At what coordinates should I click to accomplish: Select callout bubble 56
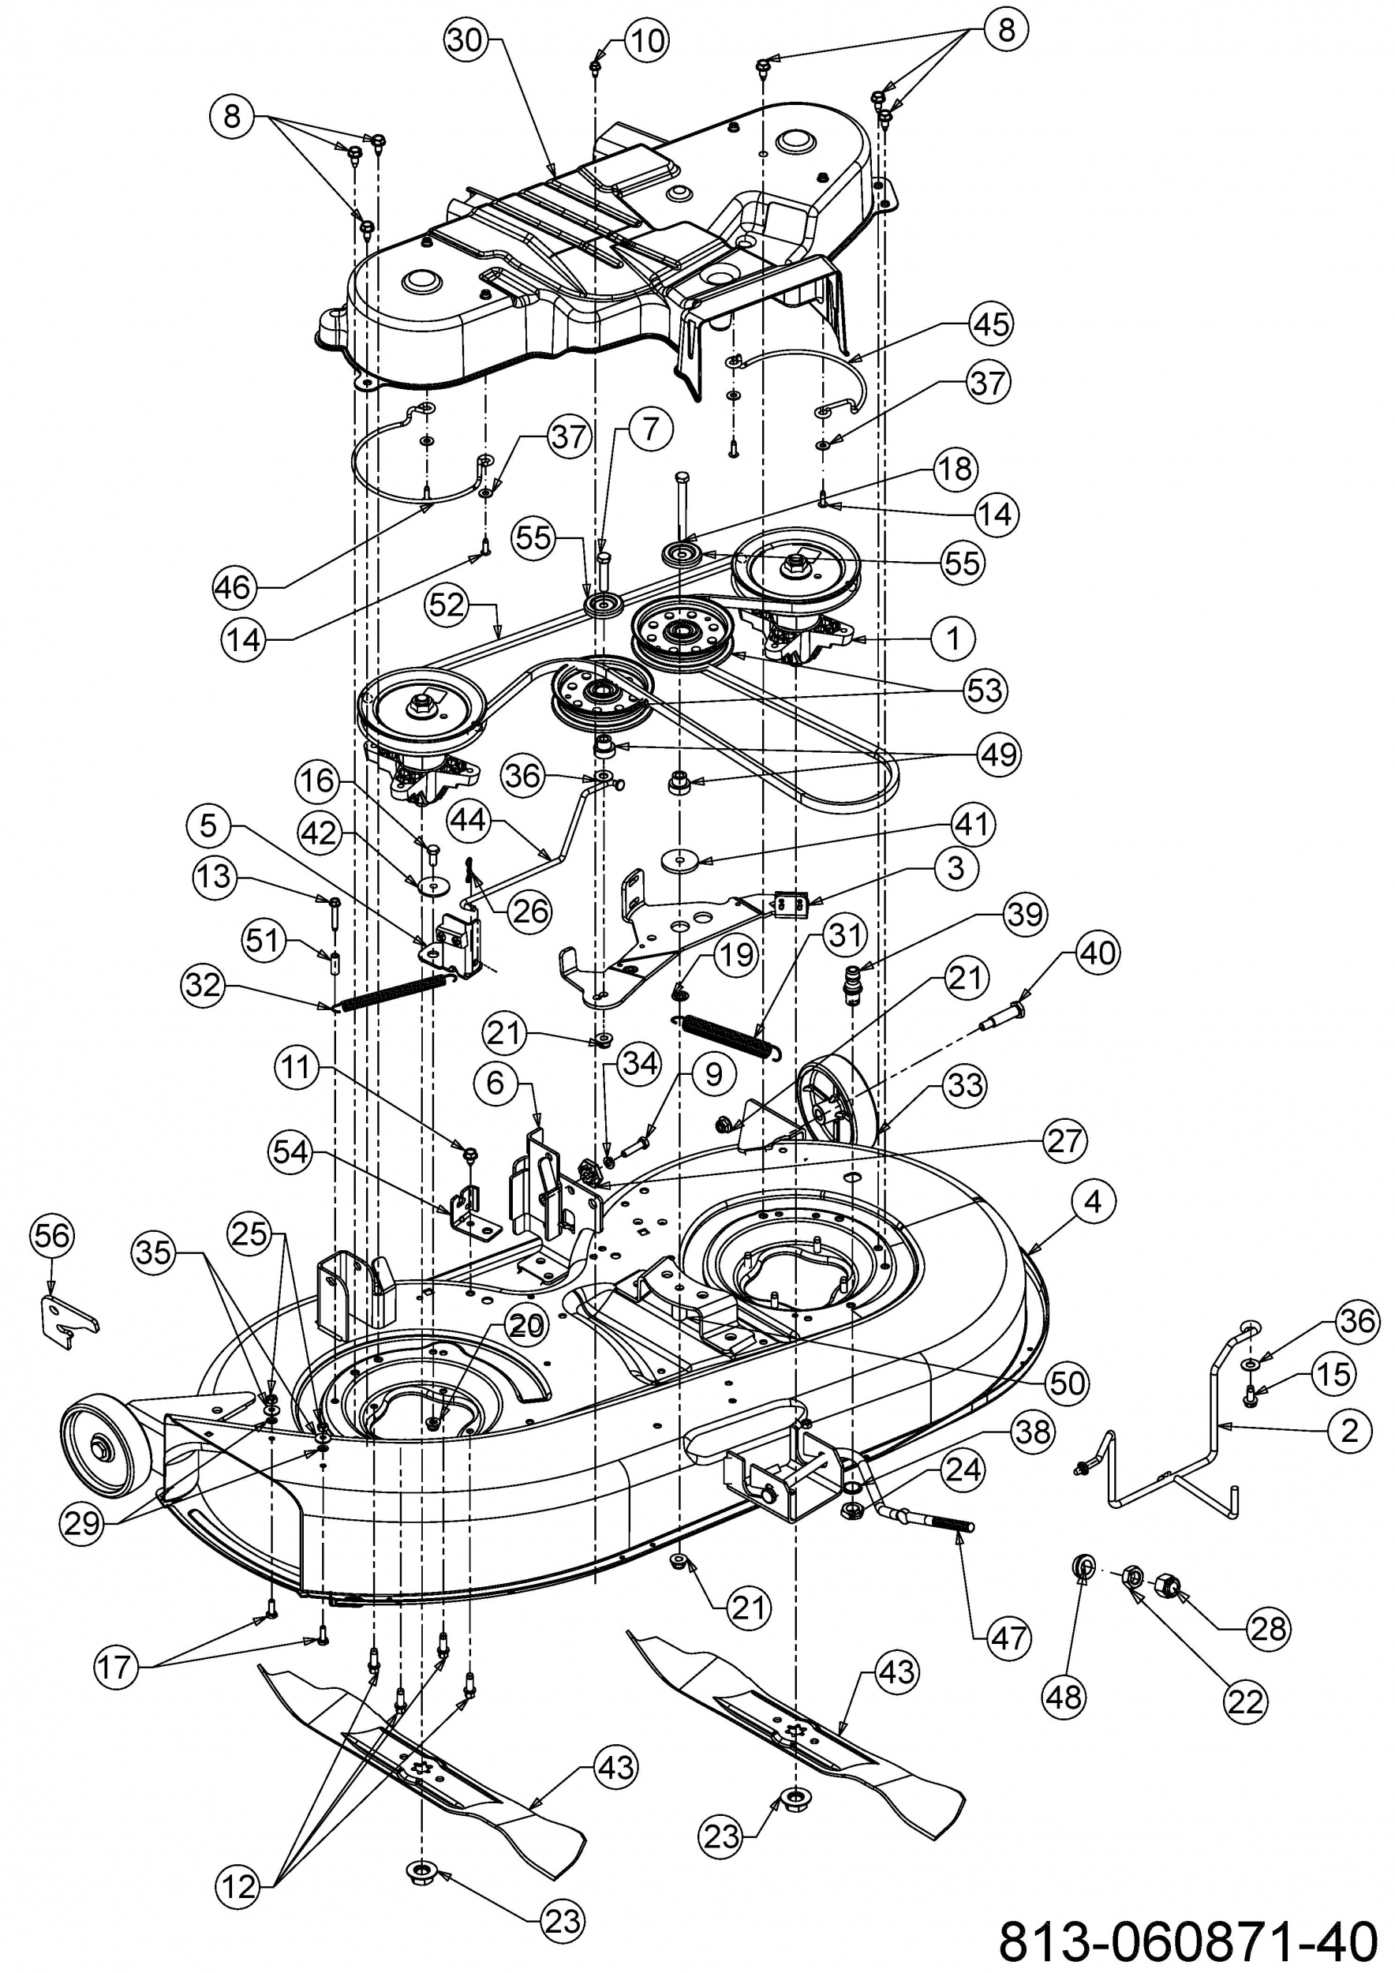click(x=52, y=1237)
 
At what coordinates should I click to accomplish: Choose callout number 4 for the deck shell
click(x=1092, y=1201)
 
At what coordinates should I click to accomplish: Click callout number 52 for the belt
click(x=447, y=605)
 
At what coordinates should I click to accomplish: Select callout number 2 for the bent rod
click(x=1348, y=1430)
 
